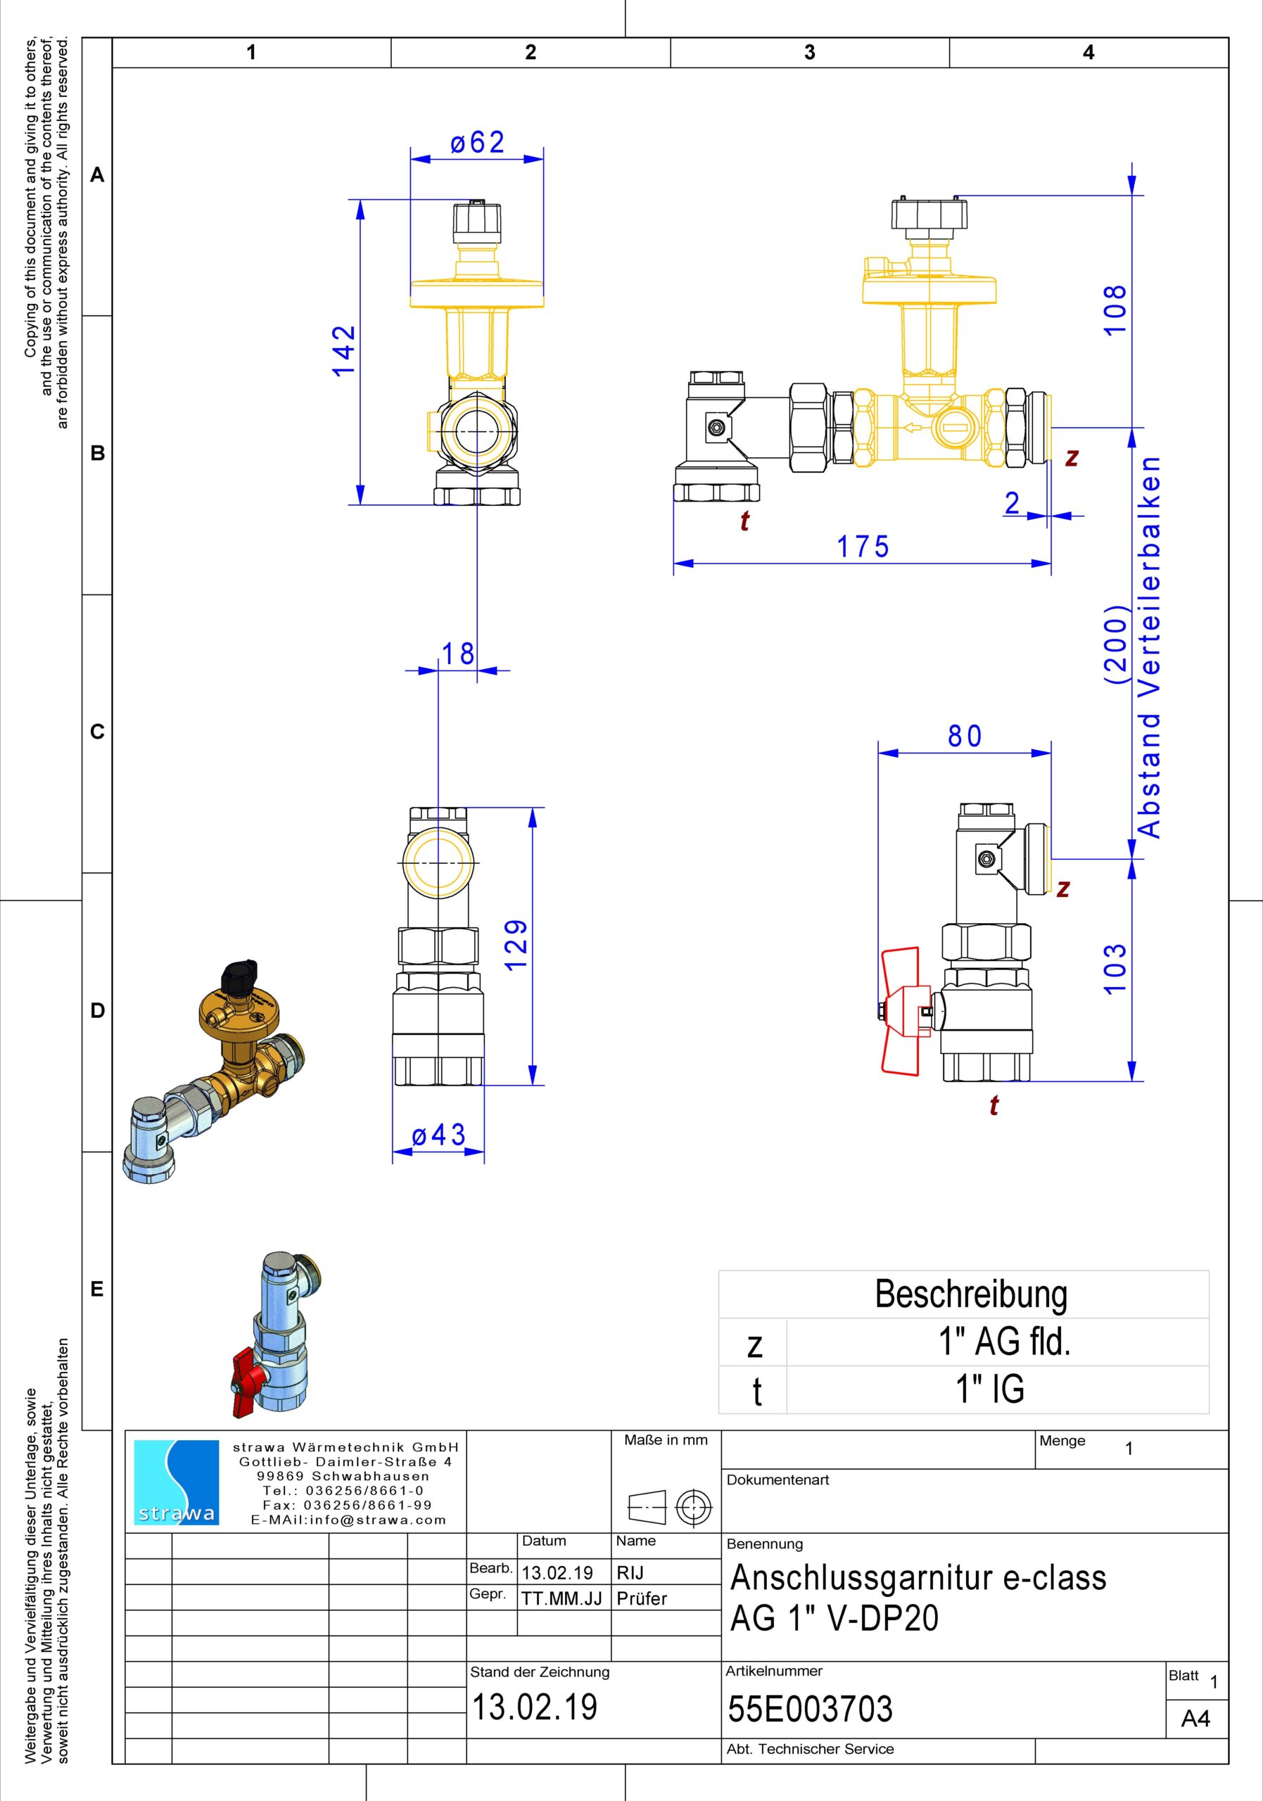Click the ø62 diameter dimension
(478, 143)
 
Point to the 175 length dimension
(863, 547)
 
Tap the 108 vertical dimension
(1115, 310)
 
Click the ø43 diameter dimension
(438, 1135)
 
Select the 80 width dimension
(964, 736)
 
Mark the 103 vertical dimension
(1115, 969)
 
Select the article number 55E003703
(811, 1708)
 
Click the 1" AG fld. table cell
(1005, 1342)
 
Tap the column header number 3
(810, 52)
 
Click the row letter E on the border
(97, 1290)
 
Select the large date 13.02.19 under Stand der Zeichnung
(534, 1707)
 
